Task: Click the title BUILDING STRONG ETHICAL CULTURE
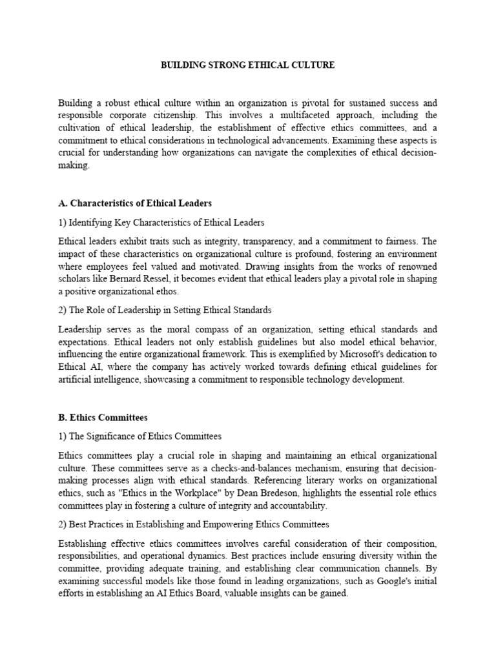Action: click(x=247, y=66)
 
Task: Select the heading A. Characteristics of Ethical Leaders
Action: click(x=135, y=203)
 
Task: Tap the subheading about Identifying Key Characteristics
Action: click(x=161, y=223)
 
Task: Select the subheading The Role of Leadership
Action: click(x=165, y=310)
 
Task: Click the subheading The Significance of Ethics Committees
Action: click(x=139, y=437)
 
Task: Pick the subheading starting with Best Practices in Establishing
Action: click(x=194, y=525)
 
